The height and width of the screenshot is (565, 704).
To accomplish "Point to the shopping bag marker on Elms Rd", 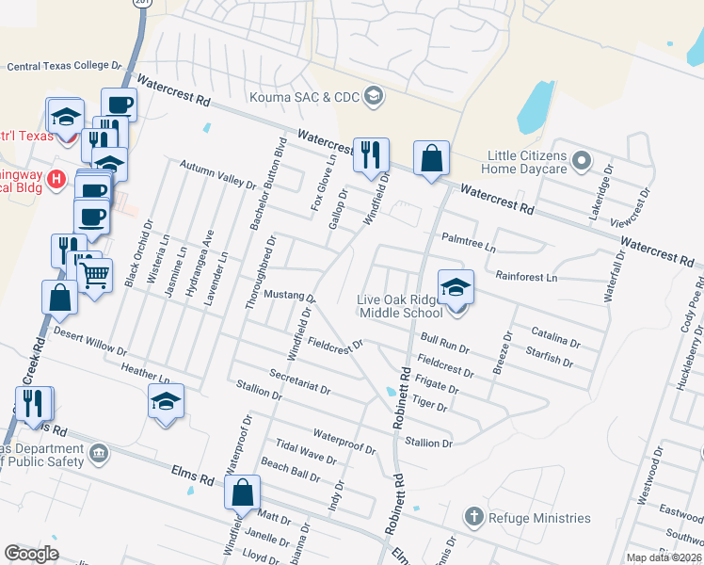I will pyautogui.click(x=242, y=492).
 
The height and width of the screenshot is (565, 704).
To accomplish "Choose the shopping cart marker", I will pyautogui.click(x=94, y=277).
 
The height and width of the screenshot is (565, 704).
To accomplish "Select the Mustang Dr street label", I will pyautogui.click(x=288, y=296).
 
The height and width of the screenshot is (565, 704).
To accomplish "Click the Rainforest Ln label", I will pyautogui.click(x=526, y=278).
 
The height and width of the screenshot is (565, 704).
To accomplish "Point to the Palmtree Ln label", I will pyautogui.click(x=468, y=243).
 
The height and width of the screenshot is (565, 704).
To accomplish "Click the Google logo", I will pyautogui.click(x=31, y=554).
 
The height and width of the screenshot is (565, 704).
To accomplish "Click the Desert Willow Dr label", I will pyautogui.click(x=89, y=341).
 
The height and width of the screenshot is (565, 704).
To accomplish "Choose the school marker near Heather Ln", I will pyautogui.click(x=165, y=403).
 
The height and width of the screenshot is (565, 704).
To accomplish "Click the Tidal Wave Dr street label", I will pyautogui.click(x=306, y=450).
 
